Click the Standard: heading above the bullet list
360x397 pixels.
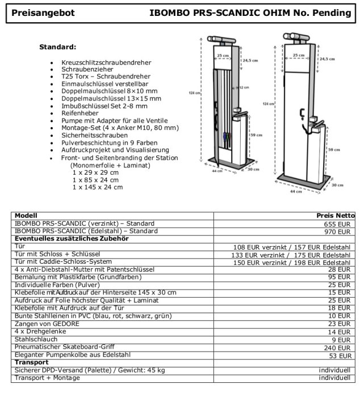[x=57, y=47]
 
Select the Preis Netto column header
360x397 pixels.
[x=336, y=216]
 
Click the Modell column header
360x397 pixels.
[x=26, y=216]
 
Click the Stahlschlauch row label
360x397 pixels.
[x=35, y=339]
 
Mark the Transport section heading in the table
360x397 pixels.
[x=31, y=362]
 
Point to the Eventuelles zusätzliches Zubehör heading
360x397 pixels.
[x=72, y=239]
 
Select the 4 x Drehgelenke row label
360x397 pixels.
[x=40, y=331]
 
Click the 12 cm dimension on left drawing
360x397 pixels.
[x=244, y=88]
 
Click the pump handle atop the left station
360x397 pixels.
[x=223, y=40]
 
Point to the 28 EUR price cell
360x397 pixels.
[x=342, y=269]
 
